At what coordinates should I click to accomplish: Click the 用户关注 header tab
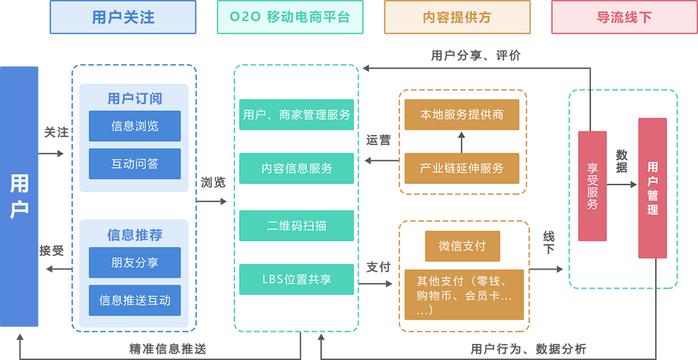[123, 17]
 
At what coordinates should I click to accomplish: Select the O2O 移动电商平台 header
[289, 17]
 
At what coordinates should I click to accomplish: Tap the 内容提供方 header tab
[457, 17]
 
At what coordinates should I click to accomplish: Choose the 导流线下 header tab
[624, 17]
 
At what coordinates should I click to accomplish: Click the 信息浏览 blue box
[135, 126]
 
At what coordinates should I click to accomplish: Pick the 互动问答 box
[135, 164]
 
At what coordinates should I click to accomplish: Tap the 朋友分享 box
[135, 263]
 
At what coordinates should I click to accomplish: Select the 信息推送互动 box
[135, 301]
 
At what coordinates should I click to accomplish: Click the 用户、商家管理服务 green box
[296, 115]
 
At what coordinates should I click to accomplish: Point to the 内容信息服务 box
[296, 168]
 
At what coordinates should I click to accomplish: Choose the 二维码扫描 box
[296, 226]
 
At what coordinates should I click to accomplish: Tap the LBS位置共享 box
[296, 279]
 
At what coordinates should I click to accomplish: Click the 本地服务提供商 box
[461, 115]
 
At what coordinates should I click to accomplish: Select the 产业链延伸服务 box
[461, 168]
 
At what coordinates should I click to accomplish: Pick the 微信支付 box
[462, 246]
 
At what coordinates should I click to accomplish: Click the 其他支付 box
[464, 294]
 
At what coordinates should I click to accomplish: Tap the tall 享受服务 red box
[592, 185]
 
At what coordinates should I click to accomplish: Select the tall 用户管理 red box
[652, 188]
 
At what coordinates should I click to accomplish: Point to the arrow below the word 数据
[622, 185]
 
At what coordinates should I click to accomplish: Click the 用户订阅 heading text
[135, 99]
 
